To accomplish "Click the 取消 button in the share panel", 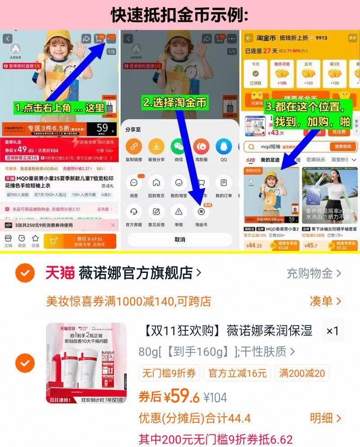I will click(180, 240).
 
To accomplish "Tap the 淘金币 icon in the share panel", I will click(201, 212).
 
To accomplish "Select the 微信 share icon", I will click(179, 147).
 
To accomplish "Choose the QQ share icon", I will click(224, 147).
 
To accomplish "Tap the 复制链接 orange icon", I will click(134, 147).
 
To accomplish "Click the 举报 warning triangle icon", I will click(179, 212).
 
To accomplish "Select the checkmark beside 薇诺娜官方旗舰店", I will click(25, 273).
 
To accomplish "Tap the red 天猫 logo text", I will click(60, 273).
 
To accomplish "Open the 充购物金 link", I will click(314, 273).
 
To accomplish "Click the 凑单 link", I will click(325, 301).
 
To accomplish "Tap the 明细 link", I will click(325, 418).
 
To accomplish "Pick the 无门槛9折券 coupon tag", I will click(169, 373).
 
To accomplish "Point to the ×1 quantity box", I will click(333, 331).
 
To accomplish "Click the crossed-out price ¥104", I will click(216, 398).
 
